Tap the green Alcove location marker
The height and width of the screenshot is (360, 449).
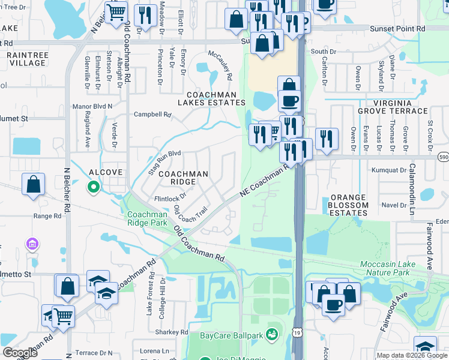click(93, 188)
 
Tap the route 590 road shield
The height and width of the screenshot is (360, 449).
click(443, 157)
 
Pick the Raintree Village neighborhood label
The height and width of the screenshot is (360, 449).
click(24, 58)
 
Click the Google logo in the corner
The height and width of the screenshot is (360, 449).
click(20, 353)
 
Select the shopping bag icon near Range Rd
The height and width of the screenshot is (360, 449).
click(34, 185)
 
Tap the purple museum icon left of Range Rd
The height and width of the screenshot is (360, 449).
click(32, 244)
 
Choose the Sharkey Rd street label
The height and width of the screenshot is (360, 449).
click(171, 332)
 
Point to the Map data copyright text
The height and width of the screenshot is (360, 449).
click(412, 355)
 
